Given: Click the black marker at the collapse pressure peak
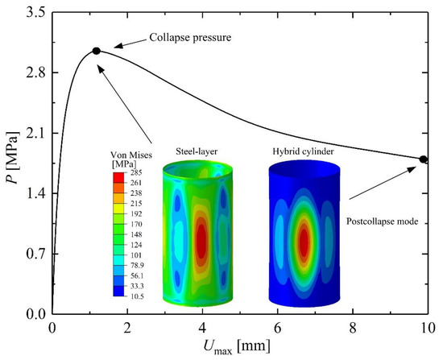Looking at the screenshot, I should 97,51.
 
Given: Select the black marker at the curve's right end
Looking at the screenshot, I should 424,159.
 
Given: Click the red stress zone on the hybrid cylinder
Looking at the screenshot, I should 304,242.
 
